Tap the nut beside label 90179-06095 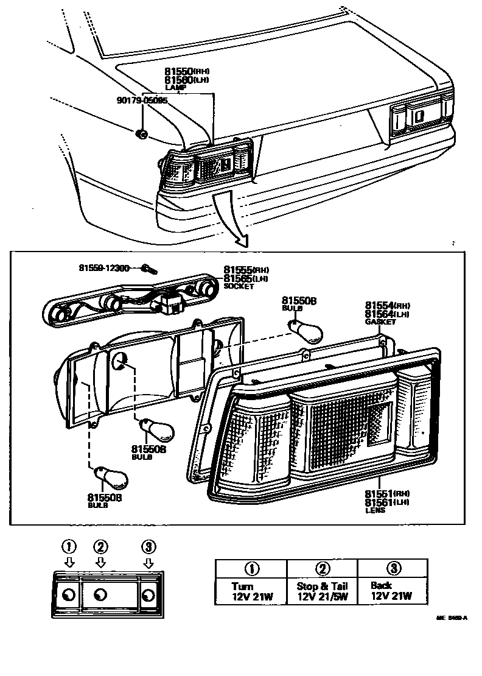pyautogui.click(x=141, y=134)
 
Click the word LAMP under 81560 pyautogui.click(x=175, y=88)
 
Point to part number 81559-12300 pyautogui.click(x=103, y=267)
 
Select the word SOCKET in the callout pyautogui.click(x=237, y=286)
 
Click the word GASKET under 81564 pyautogui.click(x=380, y=322)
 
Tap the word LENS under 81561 pyautogui.click(x=375, y=510)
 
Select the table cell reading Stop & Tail pyautogui.click(x=322, y=591)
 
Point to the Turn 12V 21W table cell pyautogui.click(x=251, y=591)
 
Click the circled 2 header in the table pyautogui.click(x=323, y=568)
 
